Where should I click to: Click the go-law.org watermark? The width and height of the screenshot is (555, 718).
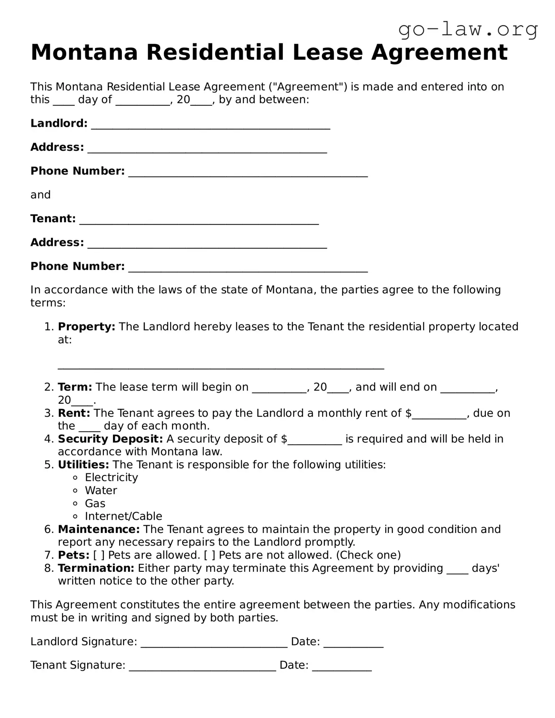click(x=468, y=30)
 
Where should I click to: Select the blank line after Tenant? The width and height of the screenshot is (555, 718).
click(x=199, y=220)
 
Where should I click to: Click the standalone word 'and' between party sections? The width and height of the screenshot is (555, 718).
click(x=40, y=195)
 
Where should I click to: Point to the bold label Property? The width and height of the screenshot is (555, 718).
click(x=86, y=327)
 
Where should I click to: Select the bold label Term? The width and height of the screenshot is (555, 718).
click(x=75, y=387)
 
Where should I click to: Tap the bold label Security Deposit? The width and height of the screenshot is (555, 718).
click(x=110, y=439)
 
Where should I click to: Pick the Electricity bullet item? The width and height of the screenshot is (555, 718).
click(x=111, y=478)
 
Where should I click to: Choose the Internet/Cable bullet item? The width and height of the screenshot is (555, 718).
click(x=123, y=516)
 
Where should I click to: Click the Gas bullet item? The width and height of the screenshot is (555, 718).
click(x=95, y=503)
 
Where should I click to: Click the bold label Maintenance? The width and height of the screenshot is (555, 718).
click(x=99, y=529)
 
